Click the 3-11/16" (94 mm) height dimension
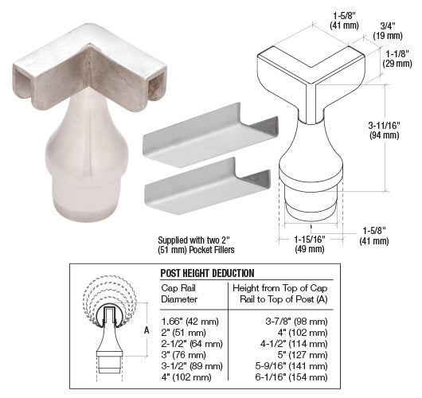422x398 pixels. tap(384, 131)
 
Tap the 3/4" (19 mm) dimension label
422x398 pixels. tap(388, 31)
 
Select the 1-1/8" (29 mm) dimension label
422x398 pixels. tap(397, 59)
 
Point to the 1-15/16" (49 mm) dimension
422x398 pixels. tap(310, 244)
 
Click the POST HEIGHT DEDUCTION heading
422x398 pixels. tap(207, 273)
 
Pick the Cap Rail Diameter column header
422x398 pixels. tap(179, 294)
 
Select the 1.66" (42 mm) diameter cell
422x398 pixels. tap(190, 322)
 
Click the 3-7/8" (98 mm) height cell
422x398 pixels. tap(296, 322)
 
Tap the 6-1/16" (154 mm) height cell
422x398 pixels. tap(291, 377)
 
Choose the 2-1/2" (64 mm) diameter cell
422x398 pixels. tap(192, 344)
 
